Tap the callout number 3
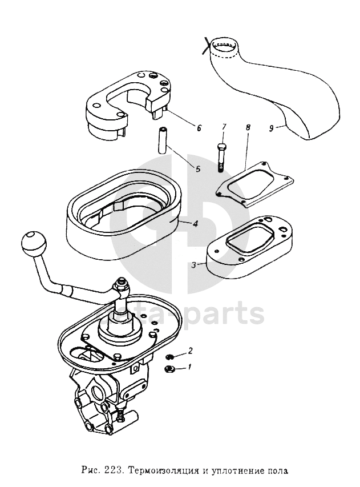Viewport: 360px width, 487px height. tap(194, 264)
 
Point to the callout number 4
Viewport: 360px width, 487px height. tap(195, 224)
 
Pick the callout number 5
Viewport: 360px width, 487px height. tap(198, 169)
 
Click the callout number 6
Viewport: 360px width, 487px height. tap(199, 128)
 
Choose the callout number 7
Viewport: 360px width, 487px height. tap(224, 126)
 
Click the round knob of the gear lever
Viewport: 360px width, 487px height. tap(33, 244)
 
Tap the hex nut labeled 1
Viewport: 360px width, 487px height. tap(170, 369)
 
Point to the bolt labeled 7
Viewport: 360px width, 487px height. tap(221, 155)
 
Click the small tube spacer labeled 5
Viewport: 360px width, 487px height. tap(162, 139)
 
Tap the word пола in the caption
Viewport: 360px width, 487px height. tap(277, 472)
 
